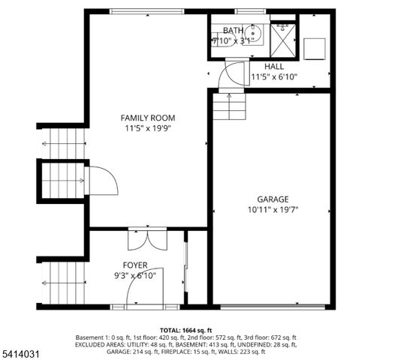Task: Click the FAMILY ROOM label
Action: [x=148, y=118]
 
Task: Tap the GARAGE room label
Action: [x=273, y=199]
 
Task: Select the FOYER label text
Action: [x=135, y=265]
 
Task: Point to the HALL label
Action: [x=264, y=66]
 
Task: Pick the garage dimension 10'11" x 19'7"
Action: [x=273, y=210]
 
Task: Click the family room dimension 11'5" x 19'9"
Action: [x=148, y=128]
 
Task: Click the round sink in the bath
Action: [x=254, y=34]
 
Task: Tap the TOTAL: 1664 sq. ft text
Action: [x=186, y=330]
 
